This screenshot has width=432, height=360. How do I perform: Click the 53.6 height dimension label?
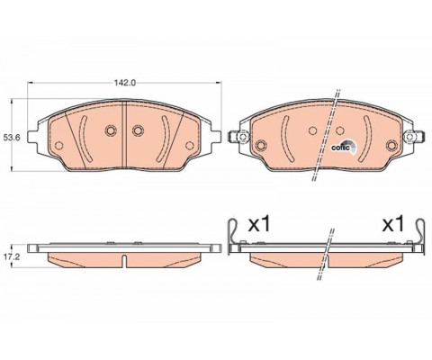(x=12, y=138)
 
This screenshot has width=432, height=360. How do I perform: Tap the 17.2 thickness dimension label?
(x=11, y=257)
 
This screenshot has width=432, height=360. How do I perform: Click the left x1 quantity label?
(x=259, y=224)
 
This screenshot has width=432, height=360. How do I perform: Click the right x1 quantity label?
(x=393, y=224)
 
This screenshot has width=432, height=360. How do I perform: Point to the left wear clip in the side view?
(x=232, y=237)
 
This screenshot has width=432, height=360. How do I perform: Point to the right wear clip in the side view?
(x=420, y=237)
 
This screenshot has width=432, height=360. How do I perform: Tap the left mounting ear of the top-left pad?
(x=33, y=137)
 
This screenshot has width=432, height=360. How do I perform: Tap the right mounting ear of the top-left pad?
(x=215, y=137)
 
